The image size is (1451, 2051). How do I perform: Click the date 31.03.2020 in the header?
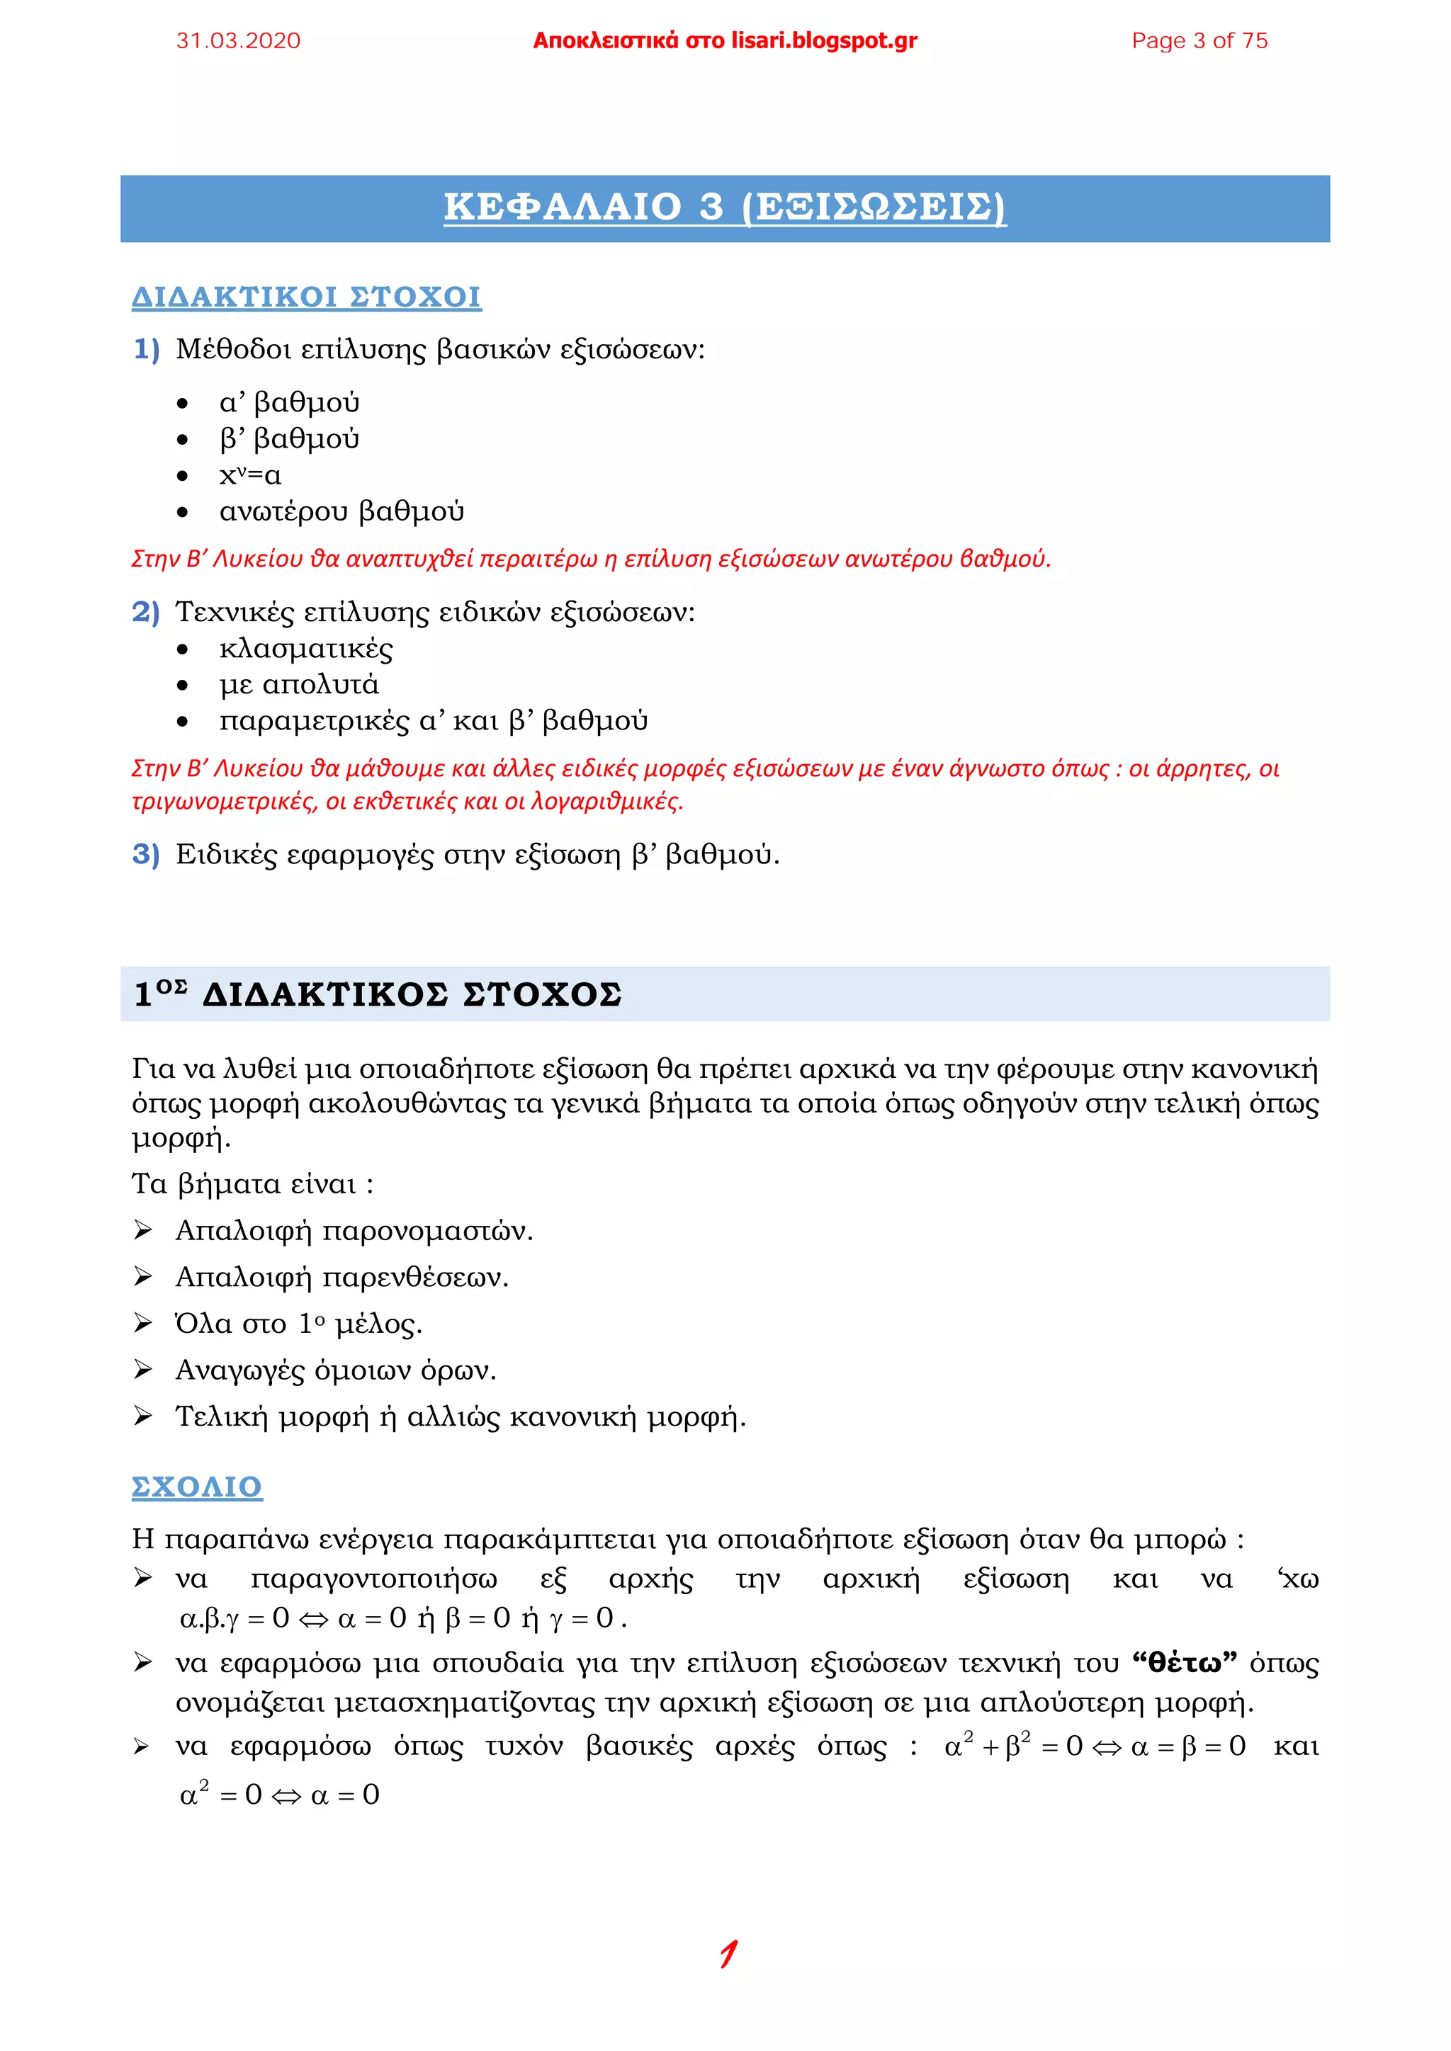tap(239, 41)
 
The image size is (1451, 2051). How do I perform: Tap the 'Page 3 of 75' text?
tap(1199, 41)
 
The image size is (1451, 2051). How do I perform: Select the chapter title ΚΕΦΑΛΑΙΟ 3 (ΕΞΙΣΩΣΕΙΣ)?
tap(725, 208)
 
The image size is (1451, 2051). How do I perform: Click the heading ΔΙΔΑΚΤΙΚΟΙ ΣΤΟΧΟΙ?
tap(307, 297)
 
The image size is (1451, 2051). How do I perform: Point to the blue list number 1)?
tap(146, 348)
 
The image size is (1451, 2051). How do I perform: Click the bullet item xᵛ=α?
tap(250, 475)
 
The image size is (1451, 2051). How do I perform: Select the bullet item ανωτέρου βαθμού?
tap(341, 512)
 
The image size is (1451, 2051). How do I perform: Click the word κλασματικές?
tap(305, 649)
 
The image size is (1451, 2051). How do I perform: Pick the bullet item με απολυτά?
tap(298, 685)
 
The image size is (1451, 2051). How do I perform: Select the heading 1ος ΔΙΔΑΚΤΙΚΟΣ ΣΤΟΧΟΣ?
tap(377, 994)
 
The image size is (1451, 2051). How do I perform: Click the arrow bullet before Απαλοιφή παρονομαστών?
tap(142, 1231)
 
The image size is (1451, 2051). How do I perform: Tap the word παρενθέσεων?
tap(414, 1278)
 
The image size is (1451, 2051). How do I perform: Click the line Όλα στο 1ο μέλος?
tap(298, 1324)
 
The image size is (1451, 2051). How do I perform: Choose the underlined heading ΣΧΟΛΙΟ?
tap(196, 1487)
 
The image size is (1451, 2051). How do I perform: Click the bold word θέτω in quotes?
tap(1184, 1664)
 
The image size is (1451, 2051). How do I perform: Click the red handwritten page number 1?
tap(728, 1954)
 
